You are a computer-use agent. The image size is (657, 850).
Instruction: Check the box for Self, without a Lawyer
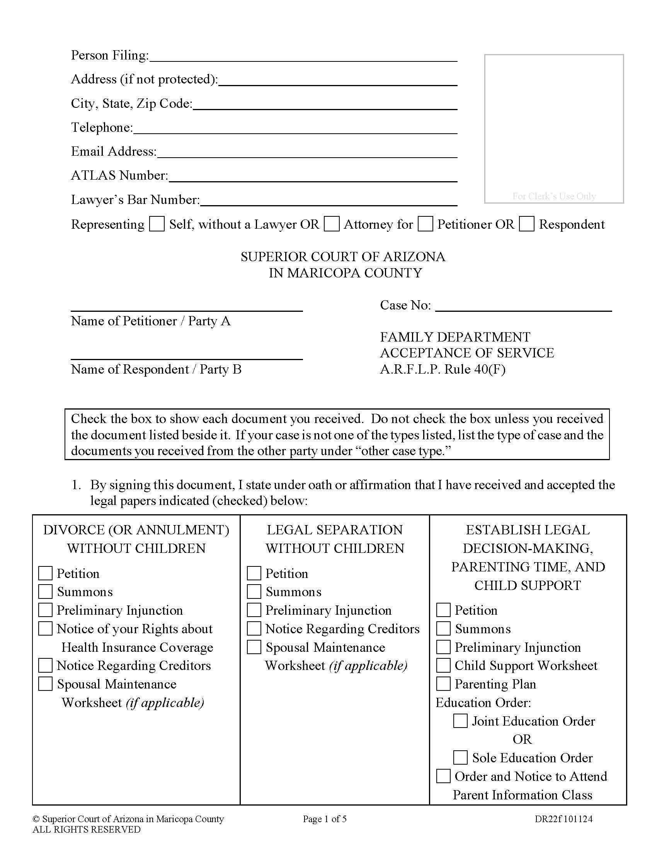[157, 224]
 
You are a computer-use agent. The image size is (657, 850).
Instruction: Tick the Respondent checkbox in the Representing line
[527, 224]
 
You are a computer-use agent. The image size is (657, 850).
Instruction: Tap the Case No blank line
[523, 306]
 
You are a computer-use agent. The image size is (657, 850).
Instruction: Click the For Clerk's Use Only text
[554, 196]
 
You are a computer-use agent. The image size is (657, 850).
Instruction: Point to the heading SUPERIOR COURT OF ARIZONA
[342, 257]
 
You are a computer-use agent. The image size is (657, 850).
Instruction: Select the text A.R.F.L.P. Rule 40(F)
[443, 369]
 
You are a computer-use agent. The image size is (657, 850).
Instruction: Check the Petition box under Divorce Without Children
[46, 573]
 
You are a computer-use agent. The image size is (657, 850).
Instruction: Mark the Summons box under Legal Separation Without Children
[254, 592]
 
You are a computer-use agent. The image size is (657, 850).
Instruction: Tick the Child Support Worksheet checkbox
[443, 666]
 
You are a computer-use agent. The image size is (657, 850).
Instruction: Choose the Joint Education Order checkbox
[460, 721]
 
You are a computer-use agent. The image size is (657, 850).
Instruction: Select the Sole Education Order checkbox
[460, 758]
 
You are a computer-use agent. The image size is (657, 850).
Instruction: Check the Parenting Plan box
[443, 684]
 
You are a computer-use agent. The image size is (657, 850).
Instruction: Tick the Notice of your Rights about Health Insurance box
[46, 629]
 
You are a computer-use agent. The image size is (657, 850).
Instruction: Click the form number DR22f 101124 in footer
[563, 819]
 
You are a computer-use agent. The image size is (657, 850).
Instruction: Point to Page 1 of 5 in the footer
[325, 819]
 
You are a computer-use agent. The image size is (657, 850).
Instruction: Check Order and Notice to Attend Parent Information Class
[443, 776]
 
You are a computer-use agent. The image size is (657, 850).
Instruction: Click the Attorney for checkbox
[332, 224]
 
